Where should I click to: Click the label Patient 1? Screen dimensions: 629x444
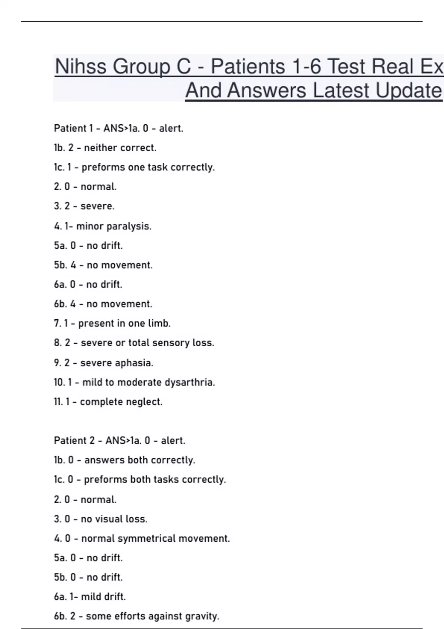(73, 128)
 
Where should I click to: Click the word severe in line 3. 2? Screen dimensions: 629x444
(97, 206)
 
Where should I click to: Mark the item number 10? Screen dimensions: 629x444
(59, 382)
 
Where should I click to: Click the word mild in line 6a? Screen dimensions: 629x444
(90, 597)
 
